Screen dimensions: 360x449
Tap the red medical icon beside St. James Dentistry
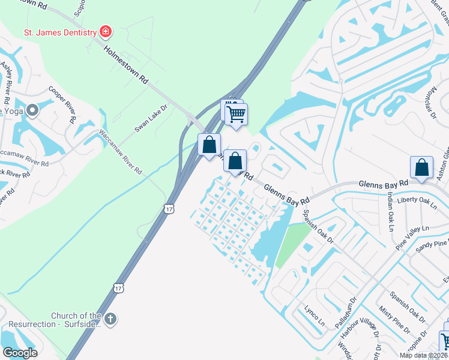tap(106, 31)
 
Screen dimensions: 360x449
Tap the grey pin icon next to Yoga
tap(32, 110)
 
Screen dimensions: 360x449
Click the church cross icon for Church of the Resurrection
tap(109, 319)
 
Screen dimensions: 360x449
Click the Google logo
tap(20, 353)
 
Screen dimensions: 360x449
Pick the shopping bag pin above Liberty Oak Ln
tap(421, 167)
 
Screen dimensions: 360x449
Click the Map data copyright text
tap(423, 355)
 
